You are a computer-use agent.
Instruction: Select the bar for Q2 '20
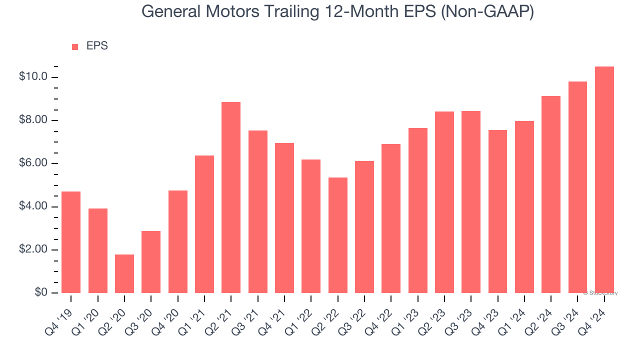point(124,273)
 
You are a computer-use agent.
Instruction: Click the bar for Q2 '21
point(231,197)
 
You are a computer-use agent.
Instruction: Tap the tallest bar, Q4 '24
point(604,180)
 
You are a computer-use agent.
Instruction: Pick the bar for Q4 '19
point(71,242)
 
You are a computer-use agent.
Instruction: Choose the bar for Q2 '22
point(338,235)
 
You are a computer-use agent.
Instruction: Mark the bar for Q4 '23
point(498,211)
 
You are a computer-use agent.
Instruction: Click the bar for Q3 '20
point(151,262)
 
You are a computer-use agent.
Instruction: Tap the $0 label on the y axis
point(41,293)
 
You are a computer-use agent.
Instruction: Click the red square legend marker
point(75,47)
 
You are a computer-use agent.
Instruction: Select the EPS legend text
point(97,46)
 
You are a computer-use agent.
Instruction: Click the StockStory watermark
point(600,293)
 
